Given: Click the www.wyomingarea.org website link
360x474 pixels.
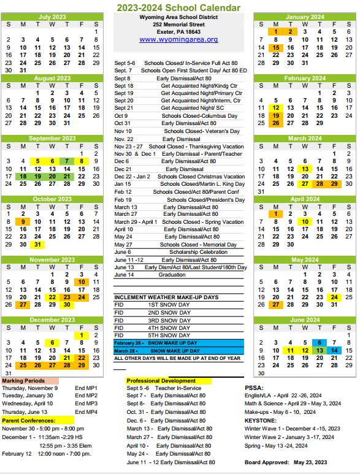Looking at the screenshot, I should (178, 39).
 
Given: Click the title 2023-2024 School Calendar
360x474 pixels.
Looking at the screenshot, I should (179, 7).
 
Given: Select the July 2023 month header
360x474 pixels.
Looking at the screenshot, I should (52, 17).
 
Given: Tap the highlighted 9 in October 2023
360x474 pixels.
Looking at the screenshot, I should (23, 222).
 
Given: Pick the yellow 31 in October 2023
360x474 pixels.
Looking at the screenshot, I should (37, 244).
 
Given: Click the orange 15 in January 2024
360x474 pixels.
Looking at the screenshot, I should (276, 47).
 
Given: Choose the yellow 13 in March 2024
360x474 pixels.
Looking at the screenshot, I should (305, 169).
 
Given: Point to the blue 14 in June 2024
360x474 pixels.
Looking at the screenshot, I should (335, 351).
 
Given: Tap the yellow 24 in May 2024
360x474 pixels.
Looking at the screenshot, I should (335, 297).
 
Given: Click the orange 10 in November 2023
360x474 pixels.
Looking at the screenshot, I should (82, 282).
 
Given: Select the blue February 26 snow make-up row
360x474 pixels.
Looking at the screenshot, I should (179, 343).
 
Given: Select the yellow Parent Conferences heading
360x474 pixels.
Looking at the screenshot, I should (28, 421).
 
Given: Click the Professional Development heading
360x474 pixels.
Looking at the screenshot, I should (161, 381).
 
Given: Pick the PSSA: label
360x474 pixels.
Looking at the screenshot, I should (255, 388).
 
